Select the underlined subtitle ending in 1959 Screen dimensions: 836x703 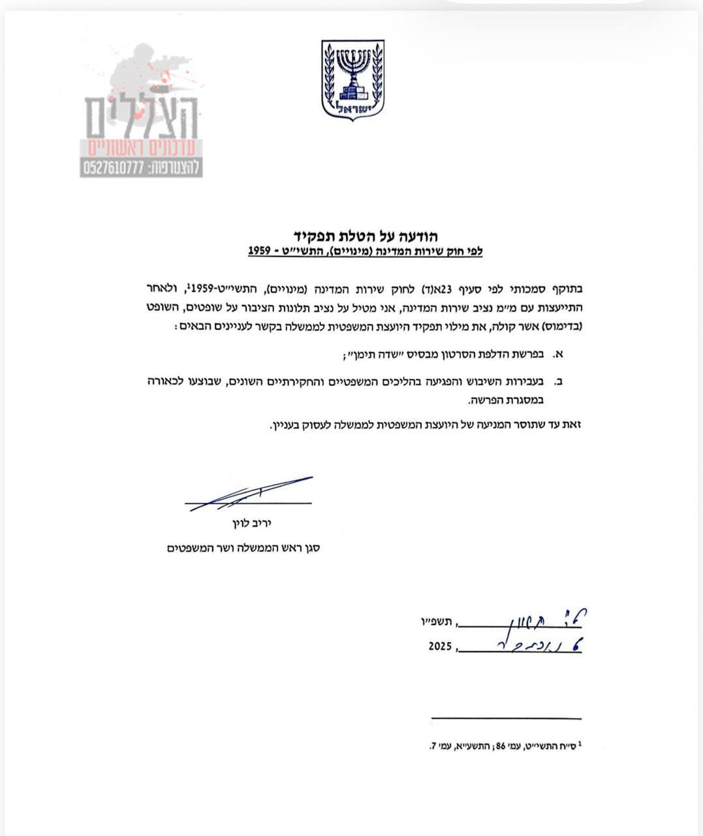(365, 251)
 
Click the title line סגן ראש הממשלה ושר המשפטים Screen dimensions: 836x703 (243, 549)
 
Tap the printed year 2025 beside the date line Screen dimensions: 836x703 (440, 647)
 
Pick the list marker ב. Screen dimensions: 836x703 (558, 380)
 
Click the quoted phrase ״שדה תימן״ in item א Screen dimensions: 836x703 (375, 355)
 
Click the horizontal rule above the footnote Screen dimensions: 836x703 (507, 718)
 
